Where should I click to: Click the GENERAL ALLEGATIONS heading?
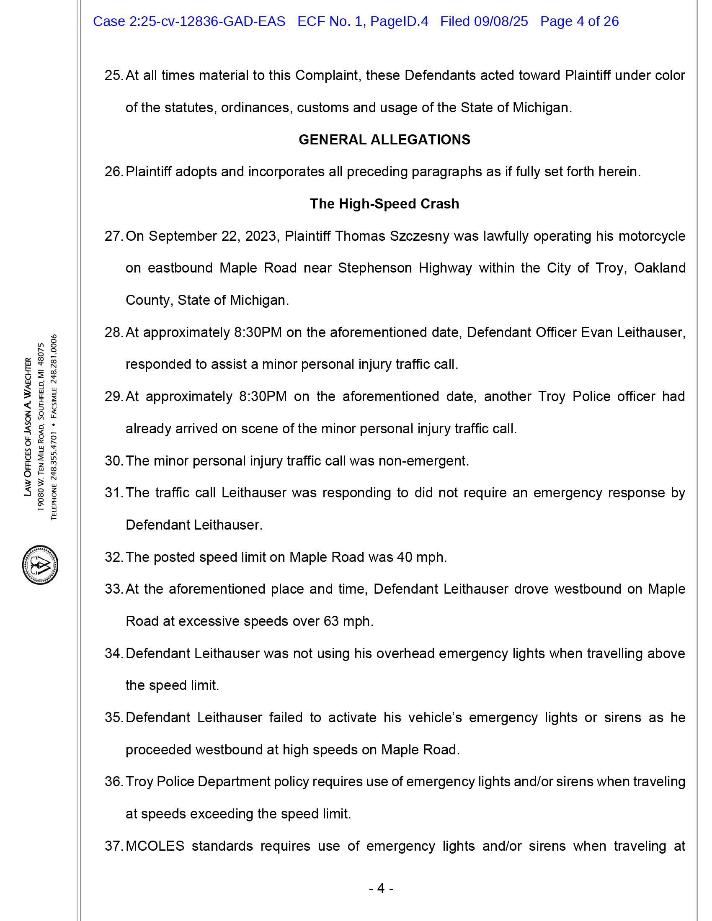[x=384, y=139]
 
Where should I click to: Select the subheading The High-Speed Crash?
[x=384, y=204]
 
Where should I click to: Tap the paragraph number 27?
[x=113, y=236]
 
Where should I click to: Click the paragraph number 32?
[x=113, y=557]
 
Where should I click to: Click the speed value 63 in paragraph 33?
[x=331, y=621]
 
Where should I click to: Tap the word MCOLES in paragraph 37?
[x=155, y=846]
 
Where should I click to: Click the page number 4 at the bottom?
[x=381, y=888]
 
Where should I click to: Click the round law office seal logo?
[x=40, y=565]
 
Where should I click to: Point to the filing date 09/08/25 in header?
[x=500, y=21]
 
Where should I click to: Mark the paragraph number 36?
[x=113, y=782]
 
